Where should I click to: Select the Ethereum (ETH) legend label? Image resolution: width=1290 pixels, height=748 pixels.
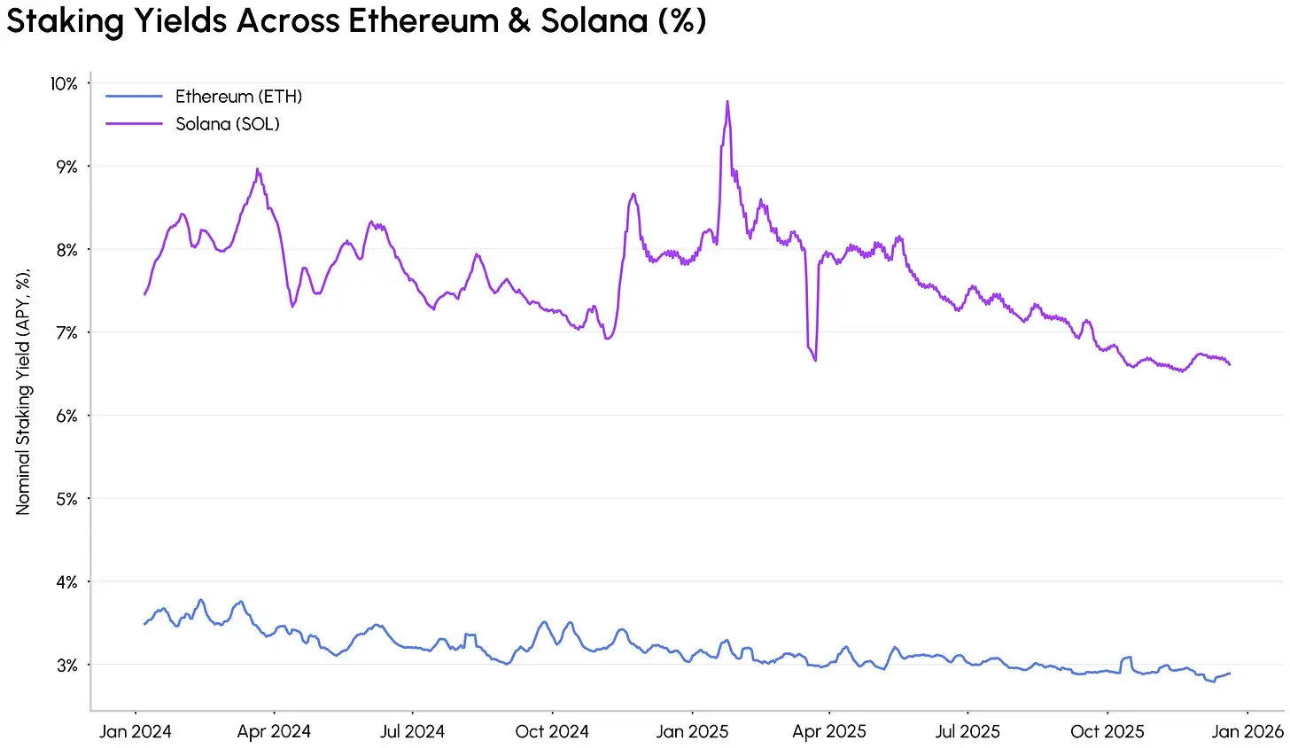pos(238,97)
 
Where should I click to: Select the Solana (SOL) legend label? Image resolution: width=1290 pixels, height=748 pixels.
pos(228,124)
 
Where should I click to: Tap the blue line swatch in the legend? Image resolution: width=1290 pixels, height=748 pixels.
pos(135,97)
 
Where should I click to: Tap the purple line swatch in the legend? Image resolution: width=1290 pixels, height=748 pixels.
pos(135,124)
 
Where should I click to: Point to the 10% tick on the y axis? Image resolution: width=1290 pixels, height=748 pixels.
pos(64,84)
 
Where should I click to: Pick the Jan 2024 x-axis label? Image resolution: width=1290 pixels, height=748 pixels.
pos(135,732)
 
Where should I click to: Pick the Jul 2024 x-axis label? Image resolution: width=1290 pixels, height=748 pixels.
pos(412,732)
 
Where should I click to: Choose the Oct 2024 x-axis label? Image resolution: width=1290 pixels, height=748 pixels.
pos(552,732)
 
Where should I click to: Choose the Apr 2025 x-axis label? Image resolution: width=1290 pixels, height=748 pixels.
pos(829,732)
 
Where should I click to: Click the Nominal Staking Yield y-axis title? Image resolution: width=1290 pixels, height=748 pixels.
pos(23,390)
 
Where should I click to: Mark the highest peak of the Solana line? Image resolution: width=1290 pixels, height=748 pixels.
pos(727,101)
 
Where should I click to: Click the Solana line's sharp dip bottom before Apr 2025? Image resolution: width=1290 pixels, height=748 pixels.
pos(815,360)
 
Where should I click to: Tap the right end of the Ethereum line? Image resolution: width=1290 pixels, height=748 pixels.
pos(1230,674)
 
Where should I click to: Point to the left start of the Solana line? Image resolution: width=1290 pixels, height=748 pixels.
pos(144,294)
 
